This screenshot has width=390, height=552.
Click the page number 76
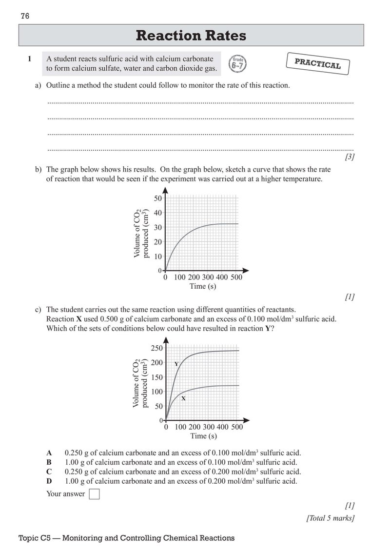tap(25, 17)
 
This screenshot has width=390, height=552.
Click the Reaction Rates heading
tap(191, 36)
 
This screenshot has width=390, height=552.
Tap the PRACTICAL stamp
tap(317, 64)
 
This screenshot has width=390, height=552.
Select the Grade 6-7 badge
tap(238, 64)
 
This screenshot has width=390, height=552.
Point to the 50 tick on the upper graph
tap(157, 198)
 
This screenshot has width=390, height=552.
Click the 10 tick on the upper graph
tap(157, 256)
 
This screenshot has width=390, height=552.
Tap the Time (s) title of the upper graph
tap(203, 286)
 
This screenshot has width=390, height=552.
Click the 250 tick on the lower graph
tap(156, 348)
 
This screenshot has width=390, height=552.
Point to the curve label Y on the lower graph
tap(176, 364)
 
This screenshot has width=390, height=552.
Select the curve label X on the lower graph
tap(183, 398)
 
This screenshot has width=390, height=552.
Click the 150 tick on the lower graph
tap(156, 377)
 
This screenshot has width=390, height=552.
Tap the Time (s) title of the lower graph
tap(203, 436)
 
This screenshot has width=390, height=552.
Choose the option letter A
tap(49, 452)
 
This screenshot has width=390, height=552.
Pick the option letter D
tap(49, 481)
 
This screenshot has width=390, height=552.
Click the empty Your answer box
tap(95, 494)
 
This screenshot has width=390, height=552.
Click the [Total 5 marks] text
tap(330, 518)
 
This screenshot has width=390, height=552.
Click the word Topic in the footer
tap(28, 538)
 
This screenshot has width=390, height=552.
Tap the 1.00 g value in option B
tap(75, 462)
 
